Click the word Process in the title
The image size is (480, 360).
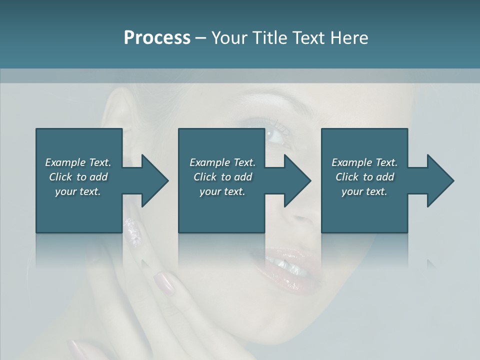(x=157, y=38)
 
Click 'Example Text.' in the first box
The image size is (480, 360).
(x=78, y=162)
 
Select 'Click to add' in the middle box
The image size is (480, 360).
(x=222, y=177)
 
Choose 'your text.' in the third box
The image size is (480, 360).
(x=364, y=191)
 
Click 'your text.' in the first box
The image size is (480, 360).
(x=78, y=191)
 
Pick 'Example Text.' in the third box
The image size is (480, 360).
(x=364, y=162)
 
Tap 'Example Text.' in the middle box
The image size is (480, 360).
(x=222, y=162)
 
